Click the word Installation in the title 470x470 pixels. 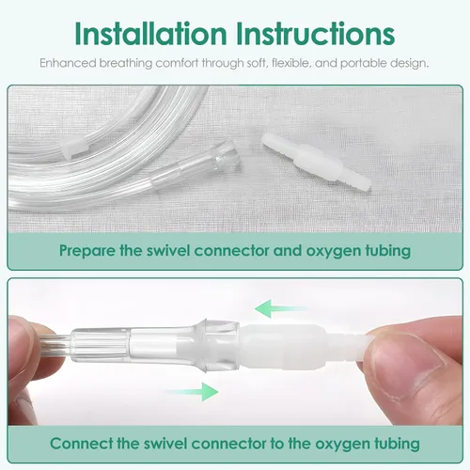coord(150,34)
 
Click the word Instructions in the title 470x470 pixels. coord(315,34)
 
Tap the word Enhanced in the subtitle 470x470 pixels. coord(68,63)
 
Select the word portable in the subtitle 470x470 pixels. coord(363,64)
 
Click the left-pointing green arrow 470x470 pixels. coord(280,308)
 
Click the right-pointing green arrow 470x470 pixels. coord(192,392)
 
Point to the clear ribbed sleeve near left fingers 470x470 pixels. coord(101,345)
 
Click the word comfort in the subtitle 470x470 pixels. coord(177,63)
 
